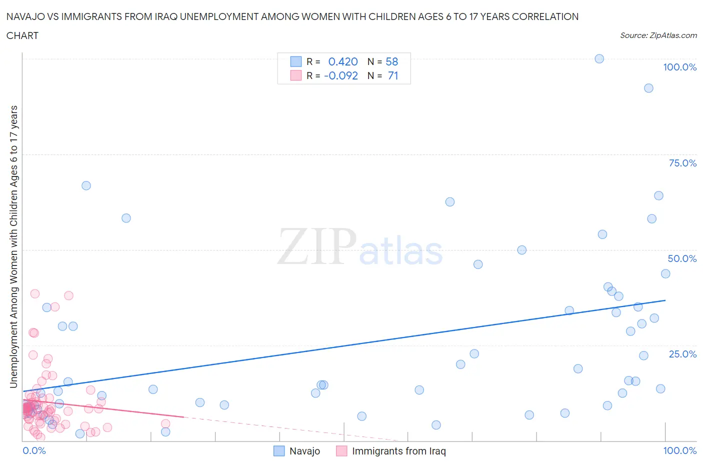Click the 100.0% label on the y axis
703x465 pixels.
tap(679, 67)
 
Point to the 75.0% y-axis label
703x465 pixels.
tap(682, 163)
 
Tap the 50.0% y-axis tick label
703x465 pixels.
tap(682, 258)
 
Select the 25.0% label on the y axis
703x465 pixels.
tap(682, 354)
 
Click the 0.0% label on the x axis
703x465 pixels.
tap(34, 450)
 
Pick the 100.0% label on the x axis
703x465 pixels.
tap(679, 450)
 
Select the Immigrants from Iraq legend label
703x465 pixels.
tap(398, 451)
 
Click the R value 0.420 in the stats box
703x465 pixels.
tap(343, 61)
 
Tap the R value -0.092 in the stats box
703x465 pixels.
tap(341, 75)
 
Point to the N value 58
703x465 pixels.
tap(392, 61)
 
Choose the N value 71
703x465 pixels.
tap(393, 75)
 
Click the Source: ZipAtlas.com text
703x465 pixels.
tap(658, 35)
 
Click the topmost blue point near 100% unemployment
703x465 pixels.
tap(599, 58)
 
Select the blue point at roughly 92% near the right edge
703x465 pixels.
tap(648, 88)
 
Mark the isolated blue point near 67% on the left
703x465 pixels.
tap(86, 185)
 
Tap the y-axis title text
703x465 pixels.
tap(13, 246)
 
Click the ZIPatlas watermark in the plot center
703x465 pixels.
tap(360, 246)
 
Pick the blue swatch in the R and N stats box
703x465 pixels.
tap(296, 61)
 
